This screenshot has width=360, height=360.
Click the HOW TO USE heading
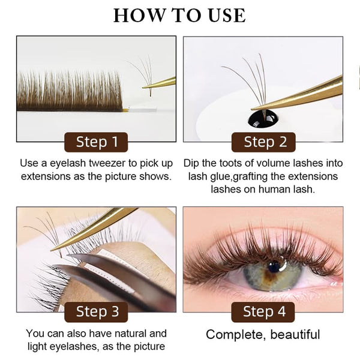click(179, 15)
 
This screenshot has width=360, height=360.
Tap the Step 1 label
click(97, 142)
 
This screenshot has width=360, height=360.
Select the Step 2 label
click(263, 142)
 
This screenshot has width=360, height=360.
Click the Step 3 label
click(97, 312)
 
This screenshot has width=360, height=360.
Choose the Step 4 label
click(263, 312)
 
